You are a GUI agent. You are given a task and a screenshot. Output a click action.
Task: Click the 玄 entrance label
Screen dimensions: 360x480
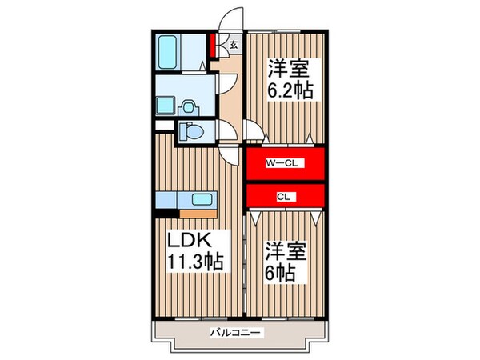234,45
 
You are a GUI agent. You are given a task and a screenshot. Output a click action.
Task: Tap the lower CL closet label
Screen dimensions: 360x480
283,195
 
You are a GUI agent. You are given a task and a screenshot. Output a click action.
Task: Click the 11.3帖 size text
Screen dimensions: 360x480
194,261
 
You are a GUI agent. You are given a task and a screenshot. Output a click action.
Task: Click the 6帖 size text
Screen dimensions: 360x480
280,272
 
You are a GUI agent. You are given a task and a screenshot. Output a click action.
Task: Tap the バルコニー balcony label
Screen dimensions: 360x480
236,330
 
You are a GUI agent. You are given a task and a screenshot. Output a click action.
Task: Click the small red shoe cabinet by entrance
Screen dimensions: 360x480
214,43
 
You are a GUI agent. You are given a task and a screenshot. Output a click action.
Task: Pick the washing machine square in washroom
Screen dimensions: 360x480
166,106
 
